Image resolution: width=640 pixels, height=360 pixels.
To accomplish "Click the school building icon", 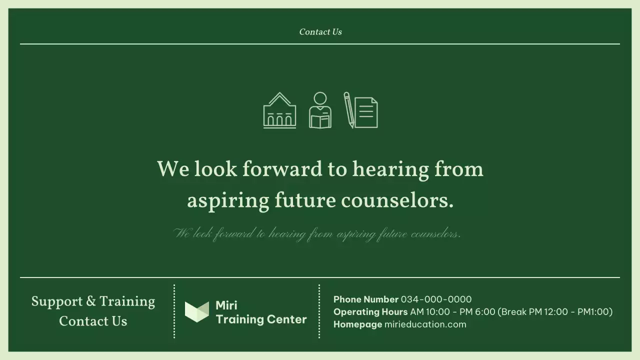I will tap(279, 110).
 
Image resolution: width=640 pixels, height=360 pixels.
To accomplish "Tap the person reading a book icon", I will tap(320, 110).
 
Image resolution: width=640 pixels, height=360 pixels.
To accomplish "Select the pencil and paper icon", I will tap(360, 110).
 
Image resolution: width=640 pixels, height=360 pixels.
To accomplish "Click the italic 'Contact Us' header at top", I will tap(320, 32).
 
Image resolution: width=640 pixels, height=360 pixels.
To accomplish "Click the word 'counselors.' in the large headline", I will tap(397, 201).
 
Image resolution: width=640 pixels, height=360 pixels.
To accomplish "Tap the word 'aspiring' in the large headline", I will tap(227, 201).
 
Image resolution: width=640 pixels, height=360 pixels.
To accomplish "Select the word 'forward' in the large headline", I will tap(282, 169).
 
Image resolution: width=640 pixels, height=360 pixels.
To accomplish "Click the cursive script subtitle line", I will tap(317, 233).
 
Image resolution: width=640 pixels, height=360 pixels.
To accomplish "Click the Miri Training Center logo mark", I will tap(197, 311).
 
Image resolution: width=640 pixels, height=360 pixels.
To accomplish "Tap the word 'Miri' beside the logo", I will tap(226, 305).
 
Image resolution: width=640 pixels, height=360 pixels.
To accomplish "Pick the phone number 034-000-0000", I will tap(436, 299).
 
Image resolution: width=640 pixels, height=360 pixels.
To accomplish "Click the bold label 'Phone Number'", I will tap(365, 299).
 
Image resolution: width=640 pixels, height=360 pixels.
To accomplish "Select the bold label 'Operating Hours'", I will tap(370, 312).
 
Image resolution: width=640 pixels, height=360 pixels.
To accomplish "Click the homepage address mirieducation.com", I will tap(425, 324).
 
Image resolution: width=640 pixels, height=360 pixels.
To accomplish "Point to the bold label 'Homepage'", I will tap(357, 324).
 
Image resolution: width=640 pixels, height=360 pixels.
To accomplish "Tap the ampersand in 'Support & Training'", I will tap(91, 301).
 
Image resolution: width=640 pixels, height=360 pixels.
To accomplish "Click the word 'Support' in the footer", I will tap(57, 301).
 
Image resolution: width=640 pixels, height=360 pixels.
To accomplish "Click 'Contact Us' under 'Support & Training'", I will tap(93, 321).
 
